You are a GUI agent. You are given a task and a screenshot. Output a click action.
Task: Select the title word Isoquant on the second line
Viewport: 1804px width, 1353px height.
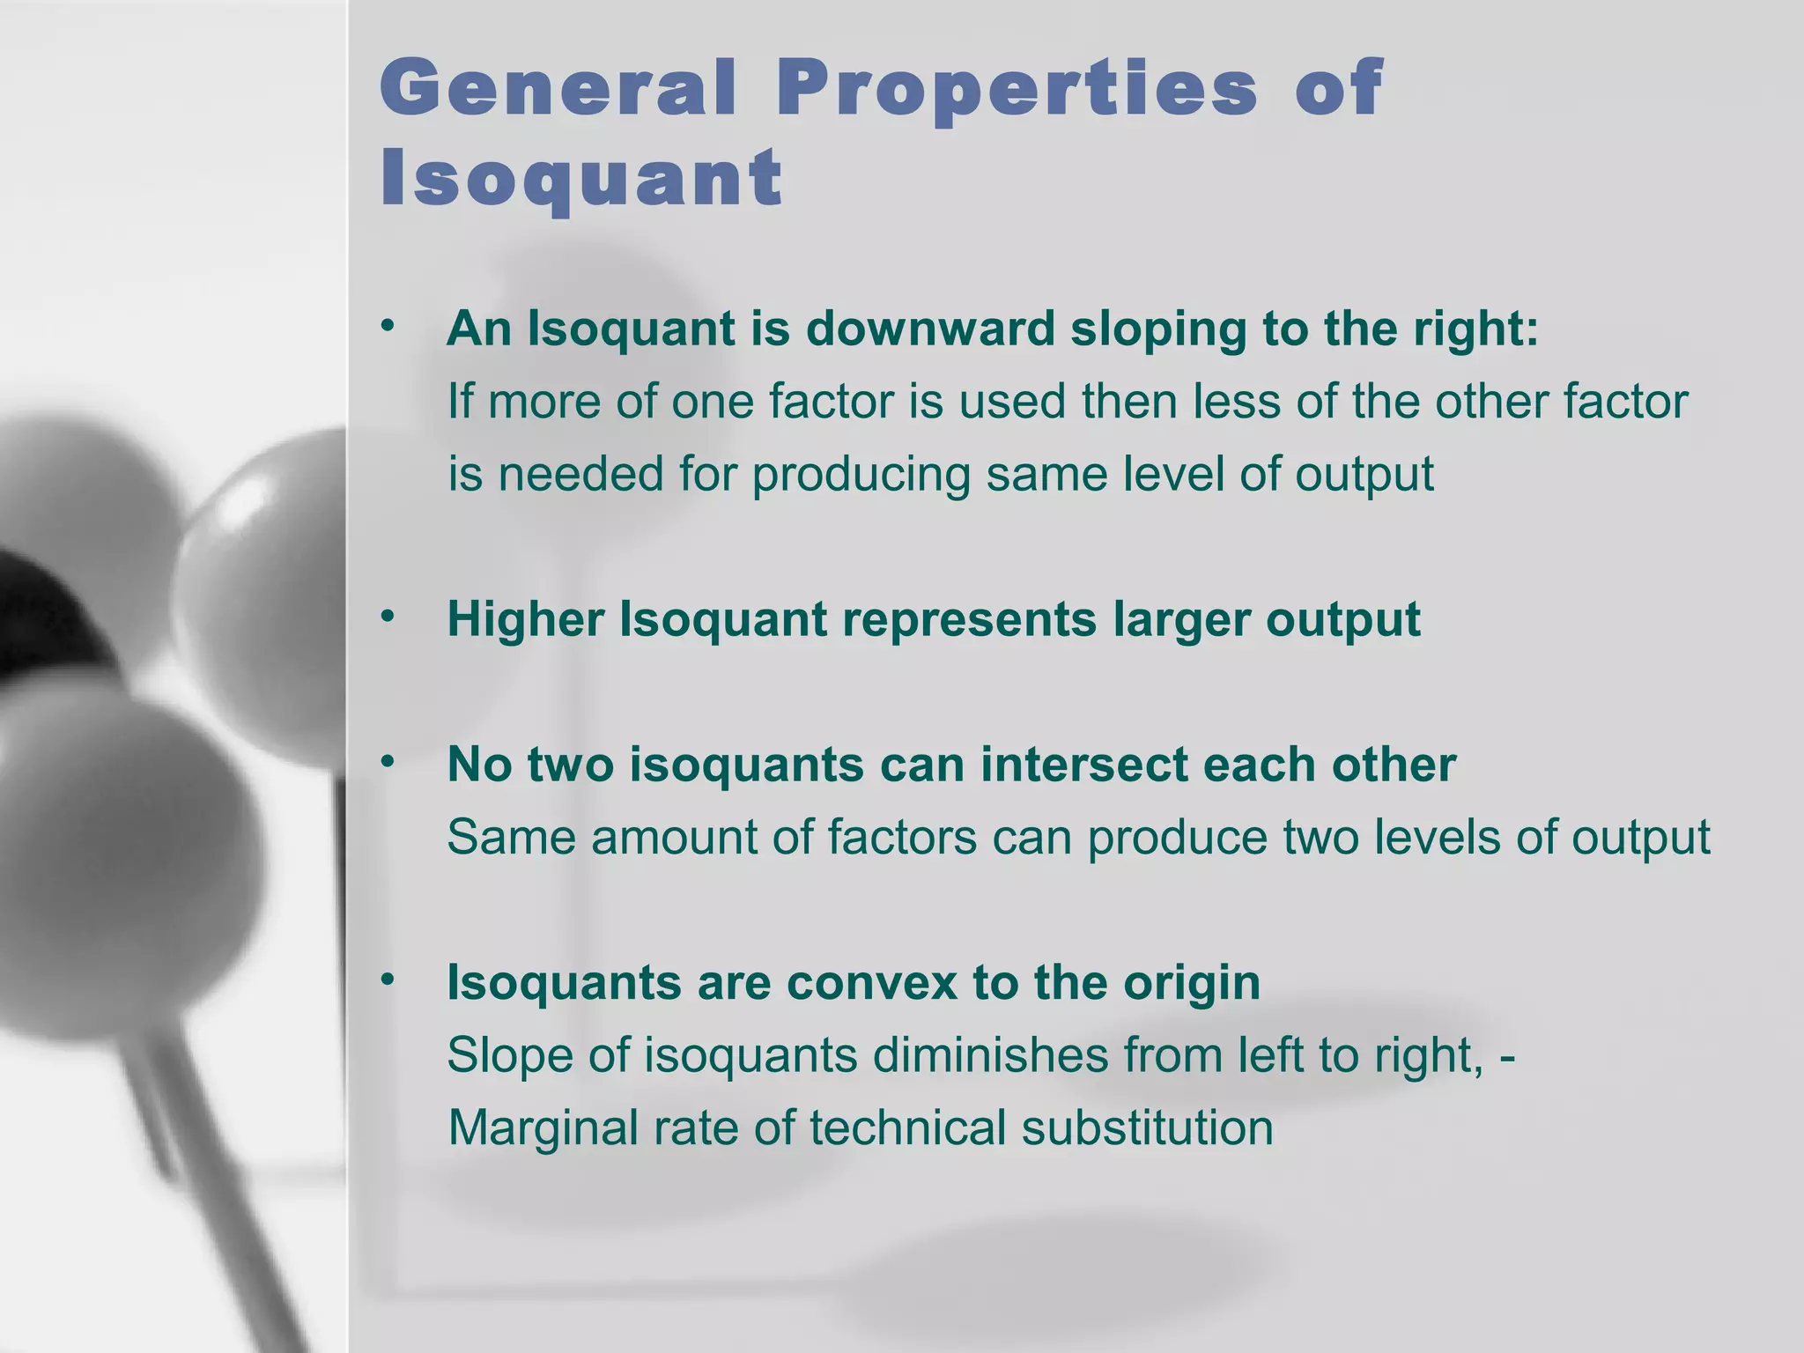coord(580,178)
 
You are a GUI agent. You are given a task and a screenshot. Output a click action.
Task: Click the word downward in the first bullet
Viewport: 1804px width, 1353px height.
coord(930,329)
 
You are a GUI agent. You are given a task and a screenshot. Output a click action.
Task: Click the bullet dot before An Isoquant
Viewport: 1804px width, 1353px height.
coord(387,327)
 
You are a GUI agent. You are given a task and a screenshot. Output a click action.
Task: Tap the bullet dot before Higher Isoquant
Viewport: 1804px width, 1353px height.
coord(387,617)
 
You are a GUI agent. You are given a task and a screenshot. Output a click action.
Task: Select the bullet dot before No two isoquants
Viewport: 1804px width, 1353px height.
coord(387,762)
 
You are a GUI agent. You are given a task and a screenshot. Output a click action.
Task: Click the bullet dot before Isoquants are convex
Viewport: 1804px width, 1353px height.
coord(387,980)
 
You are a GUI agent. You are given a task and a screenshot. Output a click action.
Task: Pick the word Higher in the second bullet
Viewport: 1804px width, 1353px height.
coord(525,619)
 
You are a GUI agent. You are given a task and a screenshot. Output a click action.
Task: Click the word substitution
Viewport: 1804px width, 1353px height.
coord(1147,1127)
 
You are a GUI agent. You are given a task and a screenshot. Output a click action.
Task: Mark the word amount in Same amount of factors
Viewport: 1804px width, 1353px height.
coord(674,837)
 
